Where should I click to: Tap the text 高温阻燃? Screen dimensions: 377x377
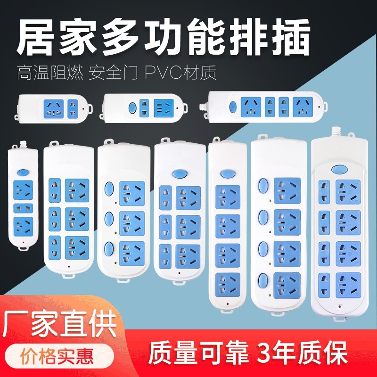50,74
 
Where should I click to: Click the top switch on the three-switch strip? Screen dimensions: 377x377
109,188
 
